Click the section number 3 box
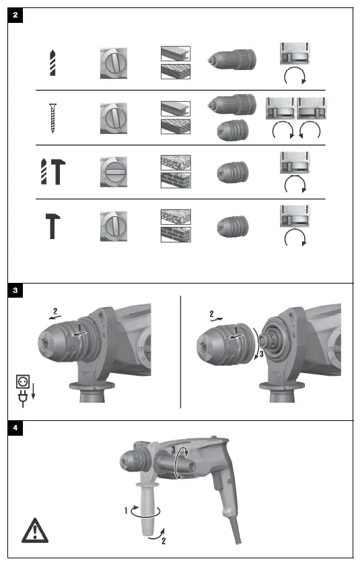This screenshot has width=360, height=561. coord(15,291)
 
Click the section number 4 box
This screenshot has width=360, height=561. coord(15,428)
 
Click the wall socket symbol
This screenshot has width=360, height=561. coord(23,382)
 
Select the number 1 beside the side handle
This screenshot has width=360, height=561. coord(126,511)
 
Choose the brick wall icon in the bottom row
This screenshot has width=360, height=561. coord(175,234)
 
